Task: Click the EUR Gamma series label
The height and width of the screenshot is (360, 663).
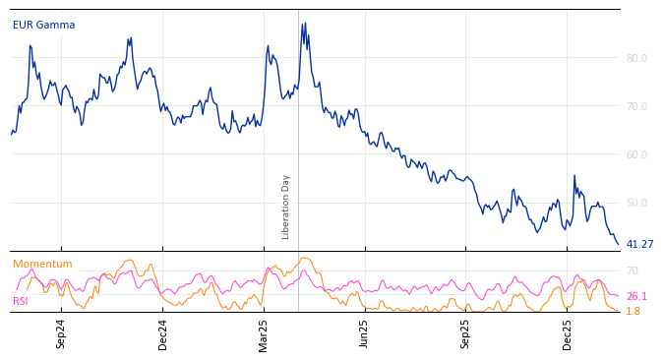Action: pyautogui.click(x=43, y=26)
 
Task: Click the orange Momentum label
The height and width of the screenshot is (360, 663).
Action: pyautogui.click(x=42, y=265)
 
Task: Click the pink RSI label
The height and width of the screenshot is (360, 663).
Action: pyautogui.click(x=21, y=301)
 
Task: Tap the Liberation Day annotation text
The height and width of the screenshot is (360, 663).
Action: pyautogui.click(x=286, y=207)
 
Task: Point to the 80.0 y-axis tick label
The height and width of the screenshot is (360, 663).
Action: pyautogui.click(x=636, y=58)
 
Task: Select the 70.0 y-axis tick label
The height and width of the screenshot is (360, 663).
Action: pyautogui.click(x=636, y=106)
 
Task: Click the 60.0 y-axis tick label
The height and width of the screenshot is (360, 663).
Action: pyautogui.click(x=636, y=154)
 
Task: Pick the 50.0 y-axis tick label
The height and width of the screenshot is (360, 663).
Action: pyautogui.click(x=636, y=203)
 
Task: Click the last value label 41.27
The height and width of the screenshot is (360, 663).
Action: pyautogui.click(x=639, y=245)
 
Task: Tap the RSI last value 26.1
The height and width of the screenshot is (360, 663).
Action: pyautogui.click(x=636, y=296)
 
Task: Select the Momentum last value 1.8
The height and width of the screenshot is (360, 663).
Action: pyautogui.click(x=633, y=311)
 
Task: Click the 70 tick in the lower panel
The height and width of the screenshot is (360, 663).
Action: pyautogui.click(x=633, y=270)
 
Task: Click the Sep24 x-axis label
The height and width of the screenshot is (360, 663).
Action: pyautogui.click(x=61, y=333)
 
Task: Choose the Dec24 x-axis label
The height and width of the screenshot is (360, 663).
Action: pyautogui.click(x=163, y=333)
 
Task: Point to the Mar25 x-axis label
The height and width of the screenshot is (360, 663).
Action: pyautogui.click(x=264, y=333)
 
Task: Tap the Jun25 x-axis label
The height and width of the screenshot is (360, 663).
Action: pyautogui.click(x=365, y=333)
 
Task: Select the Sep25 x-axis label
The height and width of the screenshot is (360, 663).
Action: pyautogui.click(x=466, y=333)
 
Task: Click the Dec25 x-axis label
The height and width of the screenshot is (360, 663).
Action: pyautogui.click(x=568, y=333)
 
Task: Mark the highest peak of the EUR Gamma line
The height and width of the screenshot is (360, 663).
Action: pyautogui.click(x=305, y=23)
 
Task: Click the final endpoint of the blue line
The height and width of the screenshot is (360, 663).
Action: pyautogui.click(x=619, y=244)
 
